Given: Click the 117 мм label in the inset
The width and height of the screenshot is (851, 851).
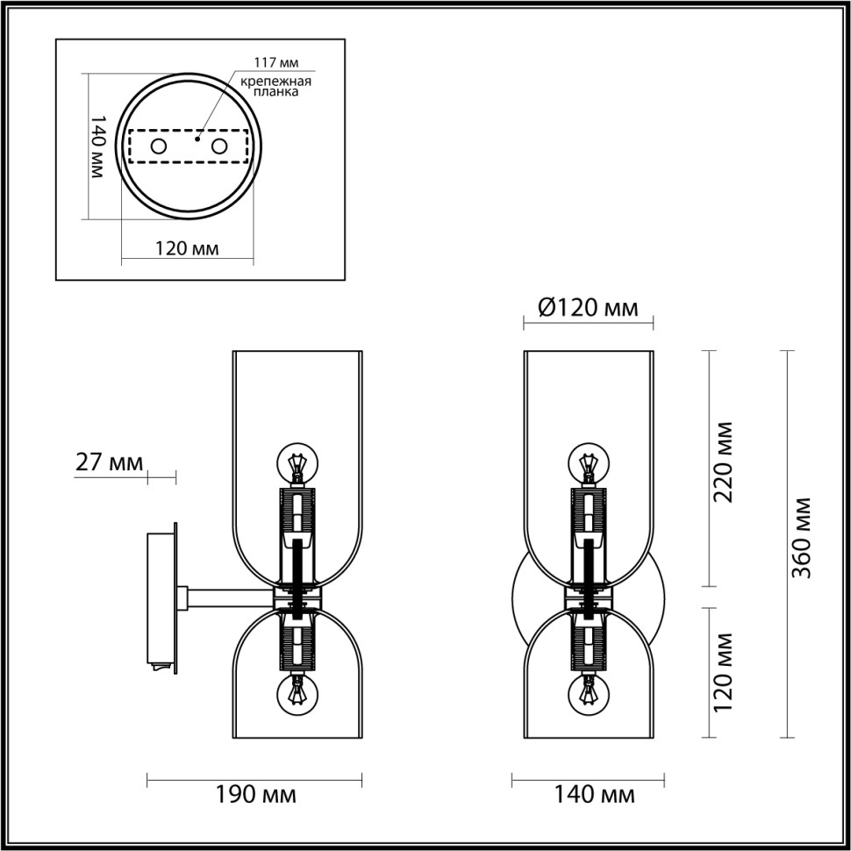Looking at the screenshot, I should click(276, 62).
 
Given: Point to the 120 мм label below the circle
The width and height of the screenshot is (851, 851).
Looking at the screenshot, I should click(186, 248).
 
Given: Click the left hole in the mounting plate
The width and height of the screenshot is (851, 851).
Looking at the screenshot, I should click(160, 147).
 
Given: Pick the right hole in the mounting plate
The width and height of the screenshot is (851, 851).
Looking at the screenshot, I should click(218, 147).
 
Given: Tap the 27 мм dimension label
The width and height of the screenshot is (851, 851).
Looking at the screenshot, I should click(109, 463).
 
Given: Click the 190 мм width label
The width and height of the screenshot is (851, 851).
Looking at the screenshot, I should click(255, 796).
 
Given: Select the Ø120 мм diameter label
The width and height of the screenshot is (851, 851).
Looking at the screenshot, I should click(587, 307).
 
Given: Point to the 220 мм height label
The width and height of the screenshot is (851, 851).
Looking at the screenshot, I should click(725, 462).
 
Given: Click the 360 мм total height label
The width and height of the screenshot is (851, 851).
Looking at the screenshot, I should click(799, 538).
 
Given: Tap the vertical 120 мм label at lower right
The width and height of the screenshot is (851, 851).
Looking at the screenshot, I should click(725, 673).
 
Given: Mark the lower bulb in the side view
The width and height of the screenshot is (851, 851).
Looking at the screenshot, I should click(297, 694).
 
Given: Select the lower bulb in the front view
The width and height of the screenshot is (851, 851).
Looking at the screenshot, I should click(588, 694).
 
